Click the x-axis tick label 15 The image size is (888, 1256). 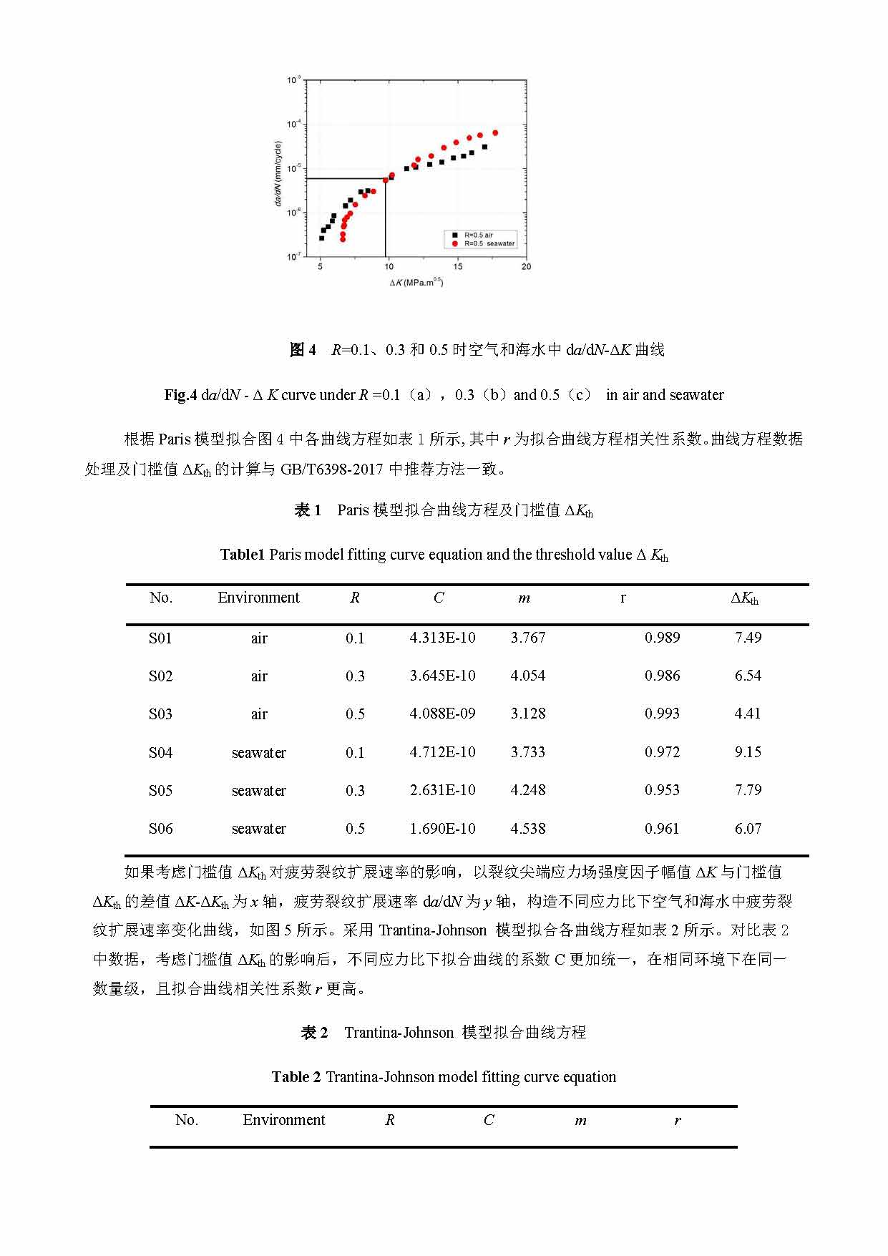(458, 266)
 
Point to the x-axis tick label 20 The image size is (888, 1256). (527, 266)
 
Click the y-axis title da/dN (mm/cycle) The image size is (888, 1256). (278, 174)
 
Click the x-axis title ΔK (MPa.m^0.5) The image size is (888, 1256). (416, 283)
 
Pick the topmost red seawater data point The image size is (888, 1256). (495, 133)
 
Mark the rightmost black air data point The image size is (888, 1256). (484, 147)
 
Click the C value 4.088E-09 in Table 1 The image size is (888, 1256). (442, 714)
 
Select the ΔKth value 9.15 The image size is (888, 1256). (748, 752)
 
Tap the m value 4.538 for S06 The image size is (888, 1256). (528, 829)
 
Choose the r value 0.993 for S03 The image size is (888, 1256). (662, 714)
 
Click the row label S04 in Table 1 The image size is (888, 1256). (160, 753)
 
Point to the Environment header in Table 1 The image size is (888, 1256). (258, 598)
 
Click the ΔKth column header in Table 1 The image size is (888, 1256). (744, 598)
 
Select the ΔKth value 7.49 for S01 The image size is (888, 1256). (748, 638)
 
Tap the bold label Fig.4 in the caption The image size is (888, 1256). (180, 395)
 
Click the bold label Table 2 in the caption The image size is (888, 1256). (296, 1077)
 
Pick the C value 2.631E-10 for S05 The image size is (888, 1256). (442, 790)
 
